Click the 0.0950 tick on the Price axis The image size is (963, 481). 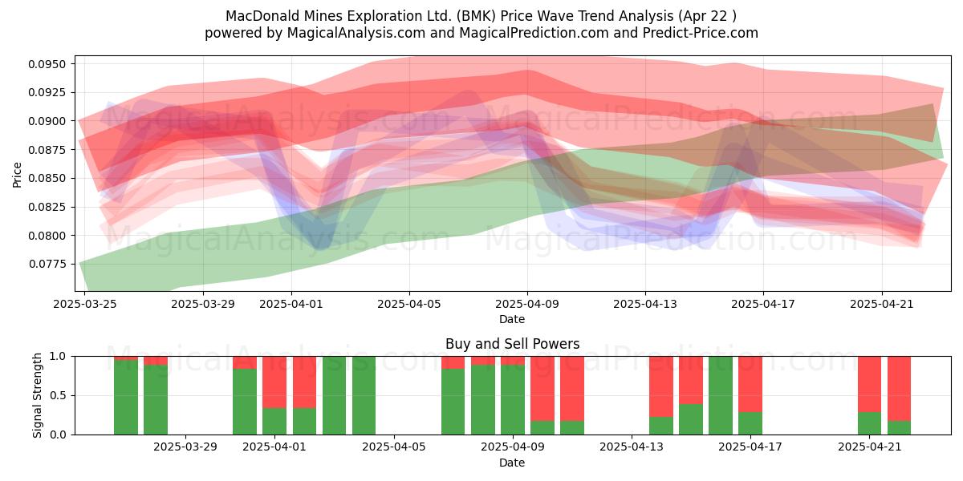pos(47,64)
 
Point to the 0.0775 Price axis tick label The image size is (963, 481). pos(47,264)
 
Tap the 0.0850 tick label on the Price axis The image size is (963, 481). pos(47,178)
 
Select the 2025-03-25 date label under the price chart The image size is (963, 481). pos(85,304)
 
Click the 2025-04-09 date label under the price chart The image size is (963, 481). pos(527,304)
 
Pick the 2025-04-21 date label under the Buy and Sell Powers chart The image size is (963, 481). pos(869,447)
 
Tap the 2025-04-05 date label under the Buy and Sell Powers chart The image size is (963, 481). pos(394,447)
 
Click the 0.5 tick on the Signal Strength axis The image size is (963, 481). pos(58,395)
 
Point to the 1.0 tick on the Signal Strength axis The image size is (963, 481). pos(58,356)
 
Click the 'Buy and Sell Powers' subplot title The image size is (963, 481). pos(513,344)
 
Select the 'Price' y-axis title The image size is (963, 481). pos(17,175)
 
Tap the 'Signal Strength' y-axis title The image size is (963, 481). pos(37,395)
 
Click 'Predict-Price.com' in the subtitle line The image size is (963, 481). pos(701,33)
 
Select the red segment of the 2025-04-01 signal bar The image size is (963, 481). pos(274,382)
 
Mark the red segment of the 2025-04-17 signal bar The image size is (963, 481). pos(750,384)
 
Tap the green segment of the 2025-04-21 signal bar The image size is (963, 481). pos(869,423)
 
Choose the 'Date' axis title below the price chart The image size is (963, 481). pos(512,319)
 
